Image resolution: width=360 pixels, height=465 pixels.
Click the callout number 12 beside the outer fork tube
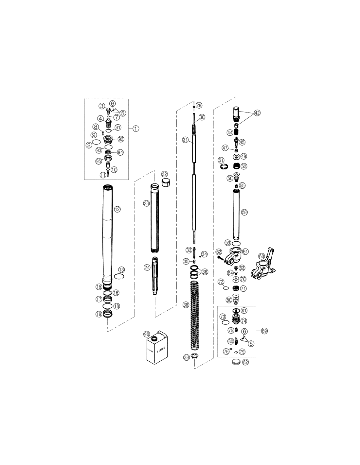(117, 209)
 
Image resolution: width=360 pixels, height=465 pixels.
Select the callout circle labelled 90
(147, 334)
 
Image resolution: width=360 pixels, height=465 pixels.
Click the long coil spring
(194, 316)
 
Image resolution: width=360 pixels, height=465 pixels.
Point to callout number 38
(186, 305)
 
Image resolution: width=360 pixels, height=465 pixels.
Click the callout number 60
(262, 256)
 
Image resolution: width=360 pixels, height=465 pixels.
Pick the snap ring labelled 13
(119, 277)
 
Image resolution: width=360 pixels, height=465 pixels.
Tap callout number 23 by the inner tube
(147, 203)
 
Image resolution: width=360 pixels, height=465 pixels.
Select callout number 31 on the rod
(186, 140)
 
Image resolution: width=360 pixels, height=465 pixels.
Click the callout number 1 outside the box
(136, 129)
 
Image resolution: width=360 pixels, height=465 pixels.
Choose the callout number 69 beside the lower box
(264, 331)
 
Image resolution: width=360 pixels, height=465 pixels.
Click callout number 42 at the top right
(257, 113)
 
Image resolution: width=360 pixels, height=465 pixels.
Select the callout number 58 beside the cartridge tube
(244, 213)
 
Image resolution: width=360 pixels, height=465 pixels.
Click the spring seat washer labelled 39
(195, 356)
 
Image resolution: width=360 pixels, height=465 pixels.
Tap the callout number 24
(147, 267)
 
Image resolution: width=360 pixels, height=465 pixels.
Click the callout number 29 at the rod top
(199, 105)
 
